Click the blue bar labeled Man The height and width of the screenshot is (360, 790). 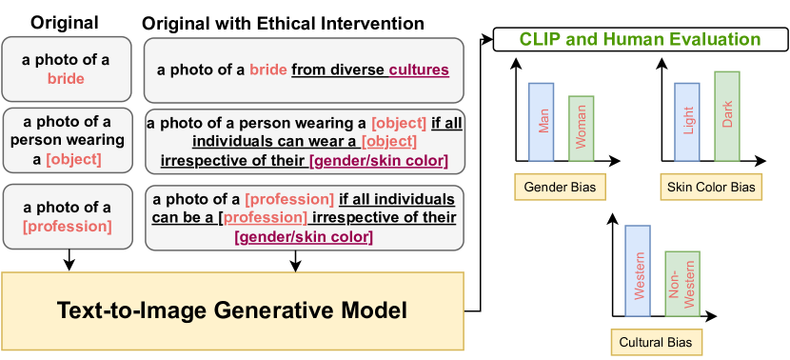[x=542, y=122]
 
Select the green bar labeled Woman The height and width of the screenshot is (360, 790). [x=581, y=129]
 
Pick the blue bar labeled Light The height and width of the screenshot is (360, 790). [x=686, y=122]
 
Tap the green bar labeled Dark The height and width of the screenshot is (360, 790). [x=727, y=116]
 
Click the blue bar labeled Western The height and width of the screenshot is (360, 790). [x=638, y=270]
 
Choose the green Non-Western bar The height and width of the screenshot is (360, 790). [x=682, y=284]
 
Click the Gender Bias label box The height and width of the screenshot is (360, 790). [x=560, y=187]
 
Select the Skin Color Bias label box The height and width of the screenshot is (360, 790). [x=711, y=187]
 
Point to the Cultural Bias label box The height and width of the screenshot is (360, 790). [x=655, y=343]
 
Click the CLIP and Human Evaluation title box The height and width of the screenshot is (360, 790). [x=641, y=40]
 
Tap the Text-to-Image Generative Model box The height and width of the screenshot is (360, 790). [x=233, y=311]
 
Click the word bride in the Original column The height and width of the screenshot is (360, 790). [x=66, y=79]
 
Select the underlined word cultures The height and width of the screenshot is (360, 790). [x=419, y=70]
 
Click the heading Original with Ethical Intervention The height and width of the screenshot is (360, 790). [x=283, y=23]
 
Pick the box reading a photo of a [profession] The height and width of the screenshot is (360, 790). [x=67, y=217]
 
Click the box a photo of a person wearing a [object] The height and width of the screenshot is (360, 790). [x=67, y=141]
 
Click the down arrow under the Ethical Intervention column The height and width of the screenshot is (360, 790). [x=296, y=261]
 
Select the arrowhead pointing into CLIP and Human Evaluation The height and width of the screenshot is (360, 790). [x=488, y=39]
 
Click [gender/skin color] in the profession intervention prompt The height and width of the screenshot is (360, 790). [x=304, y=236]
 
